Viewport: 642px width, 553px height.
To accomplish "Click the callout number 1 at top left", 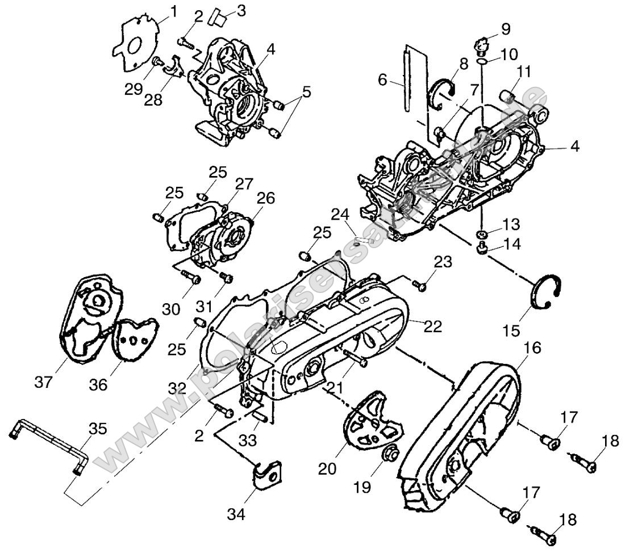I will click(x=173, y=11).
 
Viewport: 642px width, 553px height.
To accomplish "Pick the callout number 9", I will click(x=506, y=28).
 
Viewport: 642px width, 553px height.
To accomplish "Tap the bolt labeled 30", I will click(x=190, y=278).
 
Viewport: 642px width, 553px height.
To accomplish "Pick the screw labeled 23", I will click(x=421, y=284).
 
